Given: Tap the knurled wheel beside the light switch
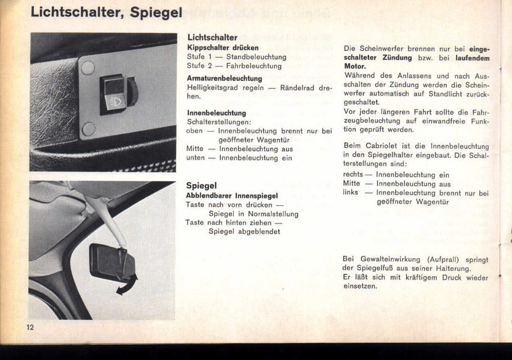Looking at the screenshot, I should pos(132,91).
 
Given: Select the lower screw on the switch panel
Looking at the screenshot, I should pos(89,129).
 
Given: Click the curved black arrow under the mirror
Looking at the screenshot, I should pos(127,285).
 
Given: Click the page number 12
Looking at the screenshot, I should pos(30,327).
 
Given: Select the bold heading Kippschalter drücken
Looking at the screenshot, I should pos(222,48).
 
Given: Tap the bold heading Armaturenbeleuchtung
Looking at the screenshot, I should pos(224,79).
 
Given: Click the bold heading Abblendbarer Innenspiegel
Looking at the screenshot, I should pos(231,196).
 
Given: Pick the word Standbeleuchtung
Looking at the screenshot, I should pos(256,57).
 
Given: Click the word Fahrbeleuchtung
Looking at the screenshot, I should pos(254,66).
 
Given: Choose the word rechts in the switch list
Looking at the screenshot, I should pos(352,175).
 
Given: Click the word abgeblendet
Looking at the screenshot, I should pos(258,231).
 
